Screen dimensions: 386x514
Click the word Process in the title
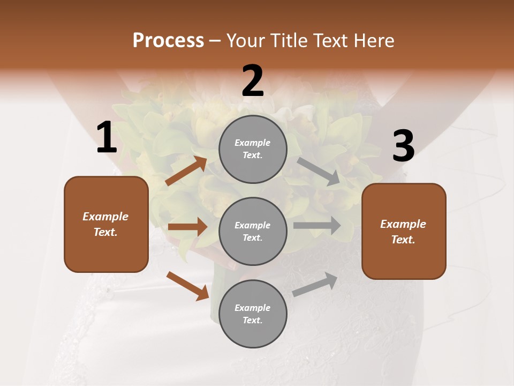[x=168, y=41]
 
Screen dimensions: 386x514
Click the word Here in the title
[x=373, y=41]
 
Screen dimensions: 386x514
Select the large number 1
[x=107, y=138]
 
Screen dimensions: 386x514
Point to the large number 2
[x=253, y=81]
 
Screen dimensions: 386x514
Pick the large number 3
[x=403, y=146]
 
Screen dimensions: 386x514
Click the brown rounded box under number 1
[x=106, y=224]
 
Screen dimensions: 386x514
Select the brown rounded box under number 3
[x=404, y=232]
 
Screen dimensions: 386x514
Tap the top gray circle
[x=253, y=149]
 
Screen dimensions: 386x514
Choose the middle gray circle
[x=253, y=231]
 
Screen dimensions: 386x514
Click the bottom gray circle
[x=253, y=314]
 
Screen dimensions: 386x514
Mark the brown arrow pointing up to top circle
[x=186, y=171]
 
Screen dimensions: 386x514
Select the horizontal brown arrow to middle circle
[x=187, y=227]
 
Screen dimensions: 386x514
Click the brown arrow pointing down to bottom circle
[x=187, y=286]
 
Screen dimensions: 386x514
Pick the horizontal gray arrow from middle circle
[x=317, y=226]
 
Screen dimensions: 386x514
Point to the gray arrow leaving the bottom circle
[x=315, y=285]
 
